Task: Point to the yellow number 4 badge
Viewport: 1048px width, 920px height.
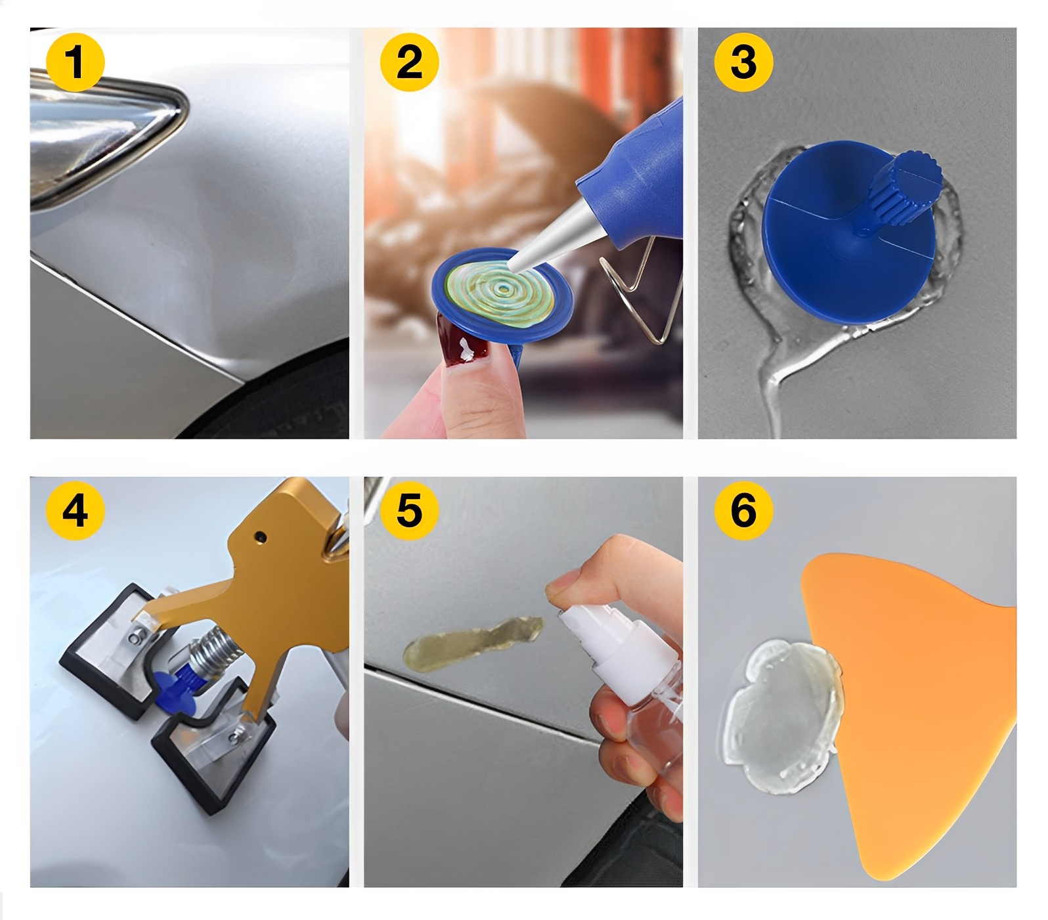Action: click(75, 510)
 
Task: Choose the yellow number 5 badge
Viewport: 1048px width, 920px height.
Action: click(409, 510)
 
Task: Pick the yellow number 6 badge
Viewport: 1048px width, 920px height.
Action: click(743, 510)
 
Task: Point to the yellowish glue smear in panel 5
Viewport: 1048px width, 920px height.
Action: click(473, 641)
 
